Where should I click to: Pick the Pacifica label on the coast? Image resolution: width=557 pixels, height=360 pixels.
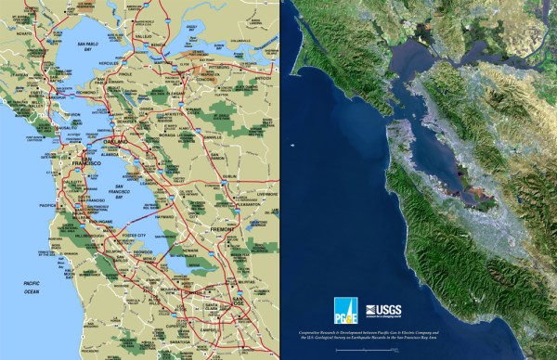[46, 205]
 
